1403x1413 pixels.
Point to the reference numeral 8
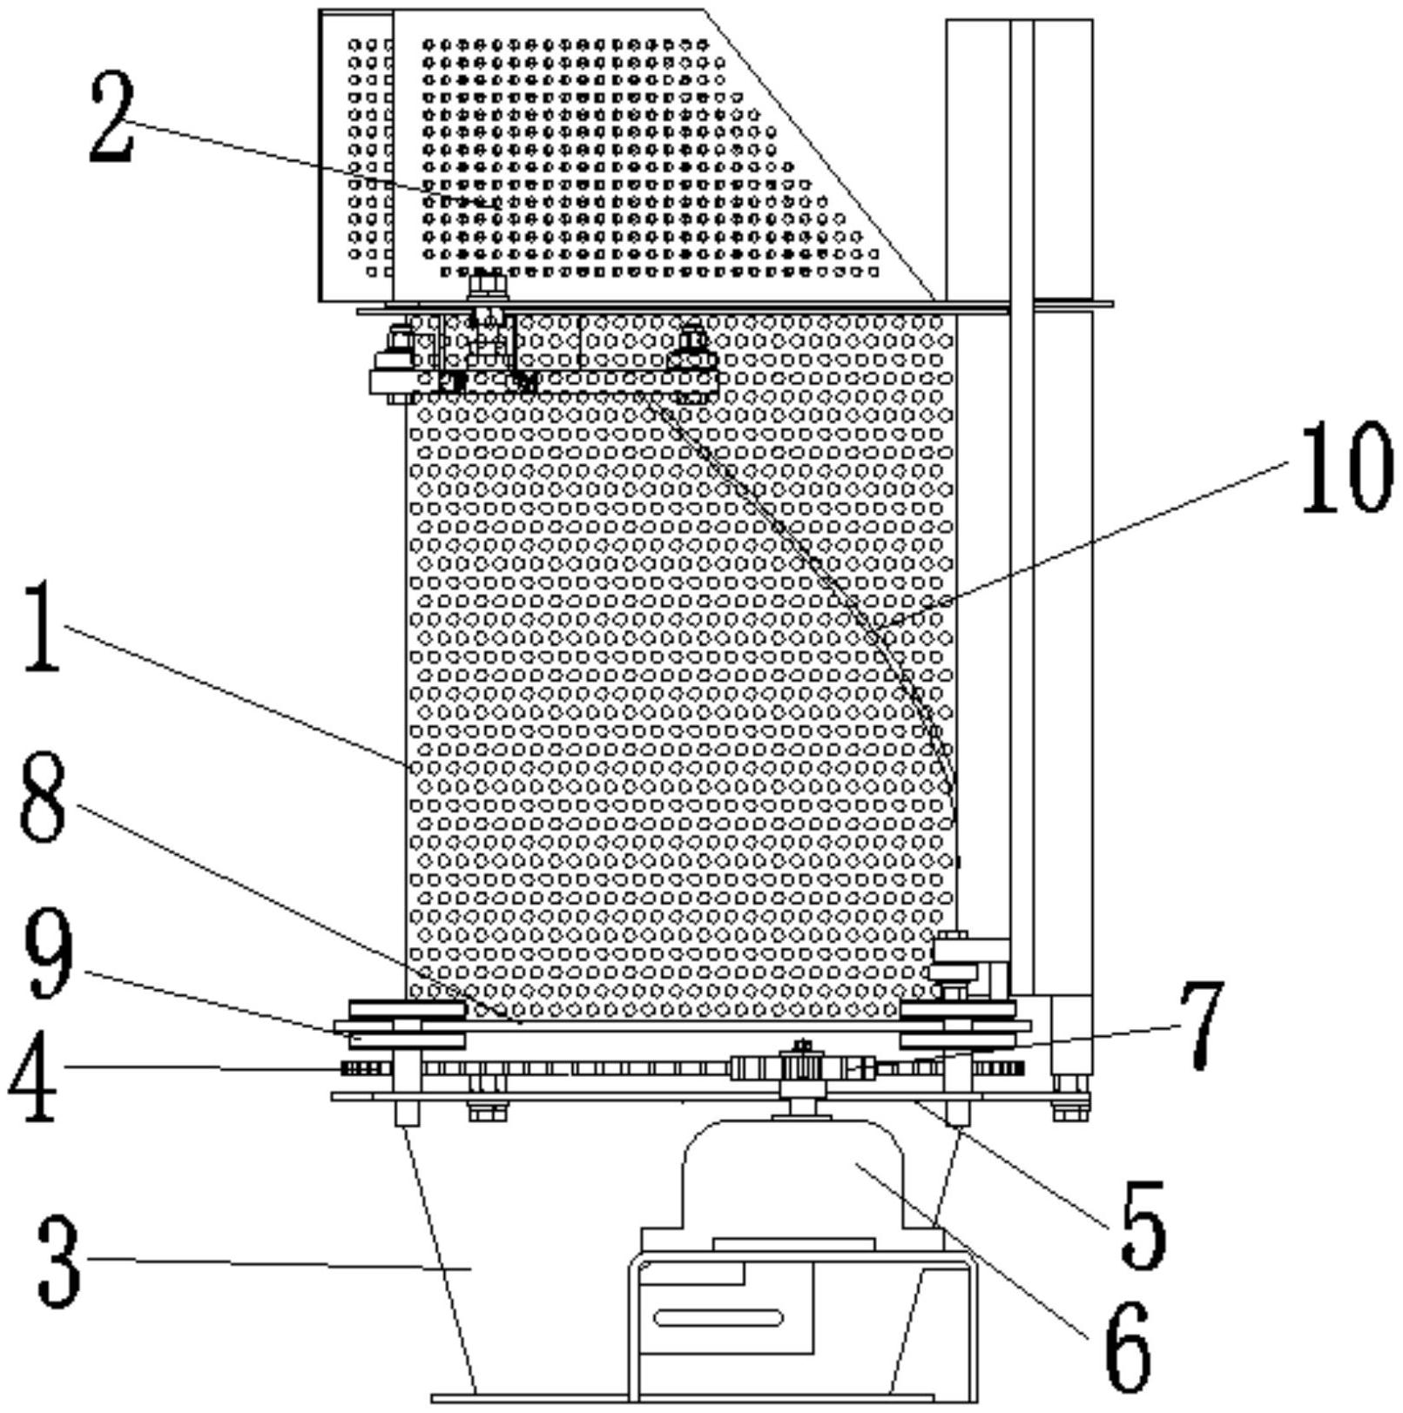(44, 798)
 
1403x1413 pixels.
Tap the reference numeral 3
(59, 1261)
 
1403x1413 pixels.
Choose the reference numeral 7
(1203, 1024)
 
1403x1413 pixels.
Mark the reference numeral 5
(1142, 1223)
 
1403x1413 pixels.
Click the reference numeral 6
(1127, 1348)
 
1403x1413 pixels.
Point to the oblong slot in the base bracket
(718, 1317)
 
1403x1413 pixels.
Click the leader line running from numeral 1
(235, 696)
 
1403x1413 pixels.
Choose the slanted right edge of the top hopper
(819, 157)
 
